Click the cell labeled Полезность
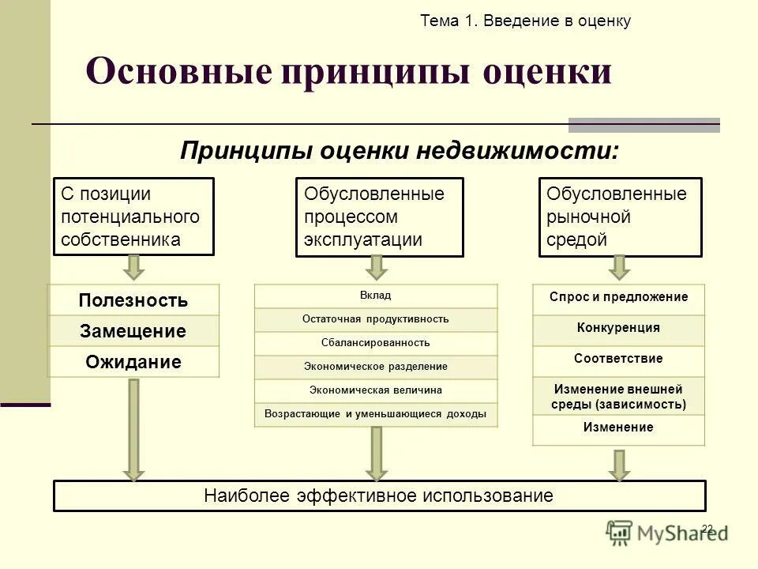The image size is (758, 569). pos(133,300)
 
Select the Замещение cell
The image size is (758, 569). pos(133,331)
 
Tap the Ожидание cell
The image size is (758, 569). pos(133,362)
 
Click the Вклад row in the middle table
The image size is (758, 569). pos(376,296)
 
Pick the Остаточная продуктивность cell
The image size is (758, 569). pos(376,319)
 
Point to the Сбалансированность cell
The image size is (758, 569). pos(376,343)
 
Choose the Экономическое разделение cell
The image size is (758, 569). pos(376,367)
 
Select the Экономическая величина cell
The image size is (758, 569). pos(376,390)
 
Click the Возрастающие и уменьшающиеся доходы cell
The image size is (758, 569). pos(376,414)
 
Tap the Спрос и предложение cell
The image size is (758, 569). pos(619,298)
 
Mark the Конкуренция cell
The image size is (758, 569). pos(619,328)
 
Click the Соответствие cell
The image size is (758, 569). pos(619,359)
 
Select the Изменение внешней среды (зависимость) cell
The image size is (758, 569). pos(619,397)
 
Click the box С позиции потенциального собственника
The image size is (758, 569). pos(133,217)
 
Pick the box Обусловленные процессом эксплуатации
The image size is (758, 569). pos(380,217)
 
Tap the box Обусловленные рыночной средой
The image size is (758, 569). pos(621,217)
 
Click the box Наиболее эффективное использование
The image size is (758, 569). pos(379,496)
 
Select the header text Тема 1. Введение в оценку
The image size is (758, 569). pos(526,21)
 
